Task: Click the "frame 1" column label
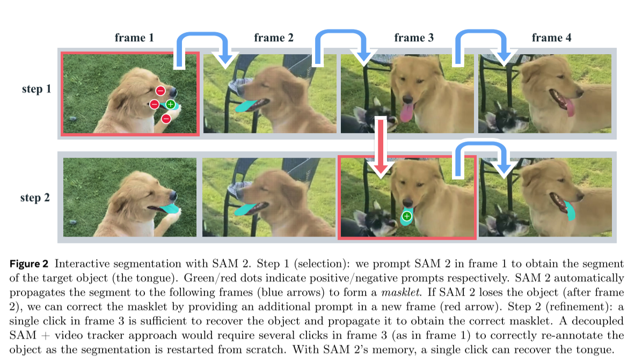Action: click(x=134, y=38)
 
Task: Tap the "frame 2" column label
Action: click(x=274, y=38)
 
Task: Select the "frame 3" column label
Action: click(x=414, y=38)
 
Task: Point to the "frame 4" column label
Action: click(x=552, y=38)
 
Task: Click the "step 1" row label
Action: click(x=37, y=89)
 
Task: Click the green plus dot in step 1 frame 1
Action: click(x=170, y=104)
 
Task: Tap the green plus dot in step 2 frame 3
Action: click(x=407, y=216)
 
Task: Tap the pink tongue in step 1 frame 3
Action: click(x=406, y=113)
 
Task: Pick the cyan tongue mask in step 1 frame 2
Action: click(x=246, y=106)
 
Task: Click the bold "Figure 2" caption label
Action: click(x=30, y=264)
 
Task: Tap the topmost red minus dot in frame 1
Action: click(x=160, y=91)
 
